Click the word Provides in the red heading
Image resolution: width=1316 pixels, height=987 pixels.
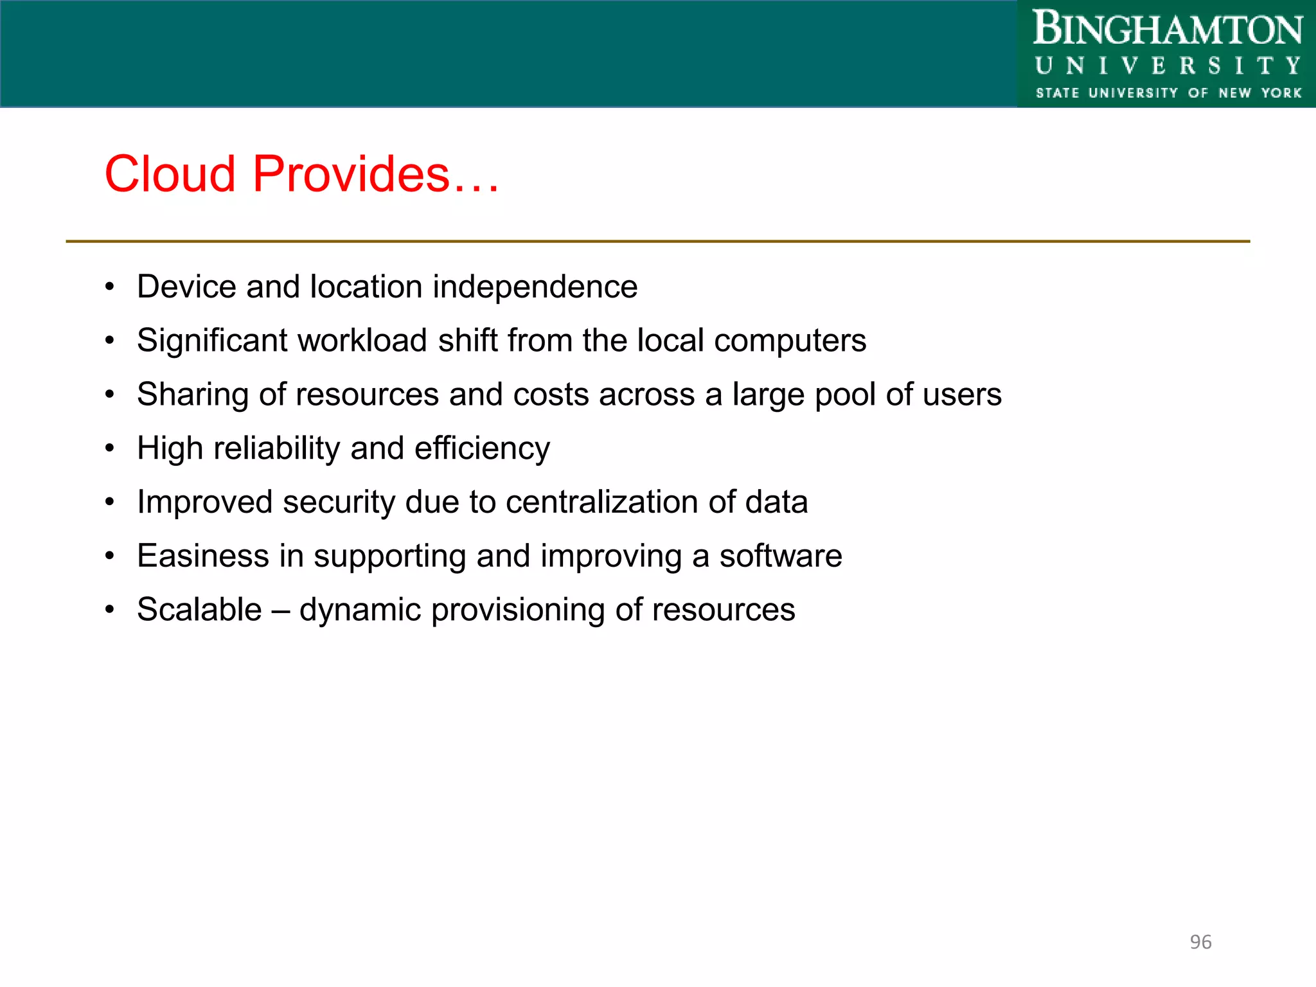[x=351, y=174]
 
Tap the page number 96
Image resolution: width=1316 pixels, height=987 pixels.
[x=1200, y=942]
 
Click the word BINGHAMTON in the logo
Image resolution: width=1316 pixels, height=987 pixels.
[x=1167, y=30]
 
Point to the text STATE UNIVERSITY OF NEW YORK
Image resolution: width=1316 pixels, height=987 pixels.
[x=1168, y=93]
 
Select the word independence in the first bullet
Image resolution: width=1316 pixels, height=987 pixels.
[x=535, y=287]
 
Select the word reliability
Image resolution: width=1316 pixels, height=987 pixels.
[x=276, y=449]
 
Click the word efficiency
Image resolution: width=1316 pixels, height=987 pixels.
[x=482, y=449]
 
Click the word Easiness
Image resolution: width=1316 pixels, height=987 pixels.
[x=202, y=556]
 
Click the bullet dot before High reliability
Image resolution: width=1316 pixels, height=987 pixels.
[x=110, y=448]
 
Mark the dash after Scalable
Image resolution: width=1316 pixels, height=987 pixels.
[x=280, y=610]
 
